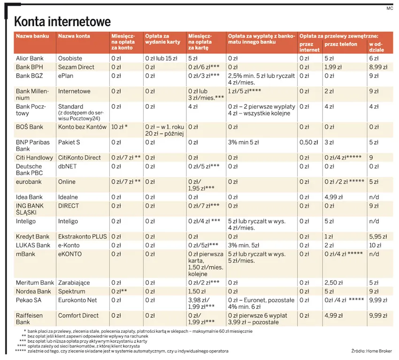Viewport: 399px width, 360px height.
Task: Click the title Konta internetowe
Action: [62, 22]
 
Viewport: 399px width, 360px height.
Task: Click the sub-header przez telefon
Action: [340, 45]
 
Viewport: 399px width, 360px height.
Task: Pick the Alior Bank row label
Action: [30, 59]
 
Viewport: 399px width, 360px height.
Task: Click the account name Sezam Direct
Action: [76, 67]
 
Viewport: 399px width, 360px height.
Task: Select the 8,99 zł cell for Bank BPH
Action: [378, 67]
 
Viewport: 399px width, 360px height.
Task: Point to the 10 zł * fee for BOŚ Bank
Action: [119, 127]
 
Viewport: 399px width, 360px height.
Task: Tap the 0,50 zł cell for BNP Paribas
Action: [308, 142]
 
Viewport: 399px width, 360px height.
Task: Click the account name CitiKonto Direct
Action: [79, 158]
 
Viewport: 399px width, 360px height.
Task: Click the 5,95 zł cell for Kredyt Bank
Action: [378, 237]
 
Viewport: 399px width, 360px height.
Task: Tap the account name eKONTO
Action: [70, 254]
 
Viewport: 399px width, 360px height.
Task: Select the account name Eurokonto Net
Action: [77, 300]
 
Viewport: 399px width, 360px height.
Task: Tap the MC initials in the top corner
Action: [389, 8]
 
